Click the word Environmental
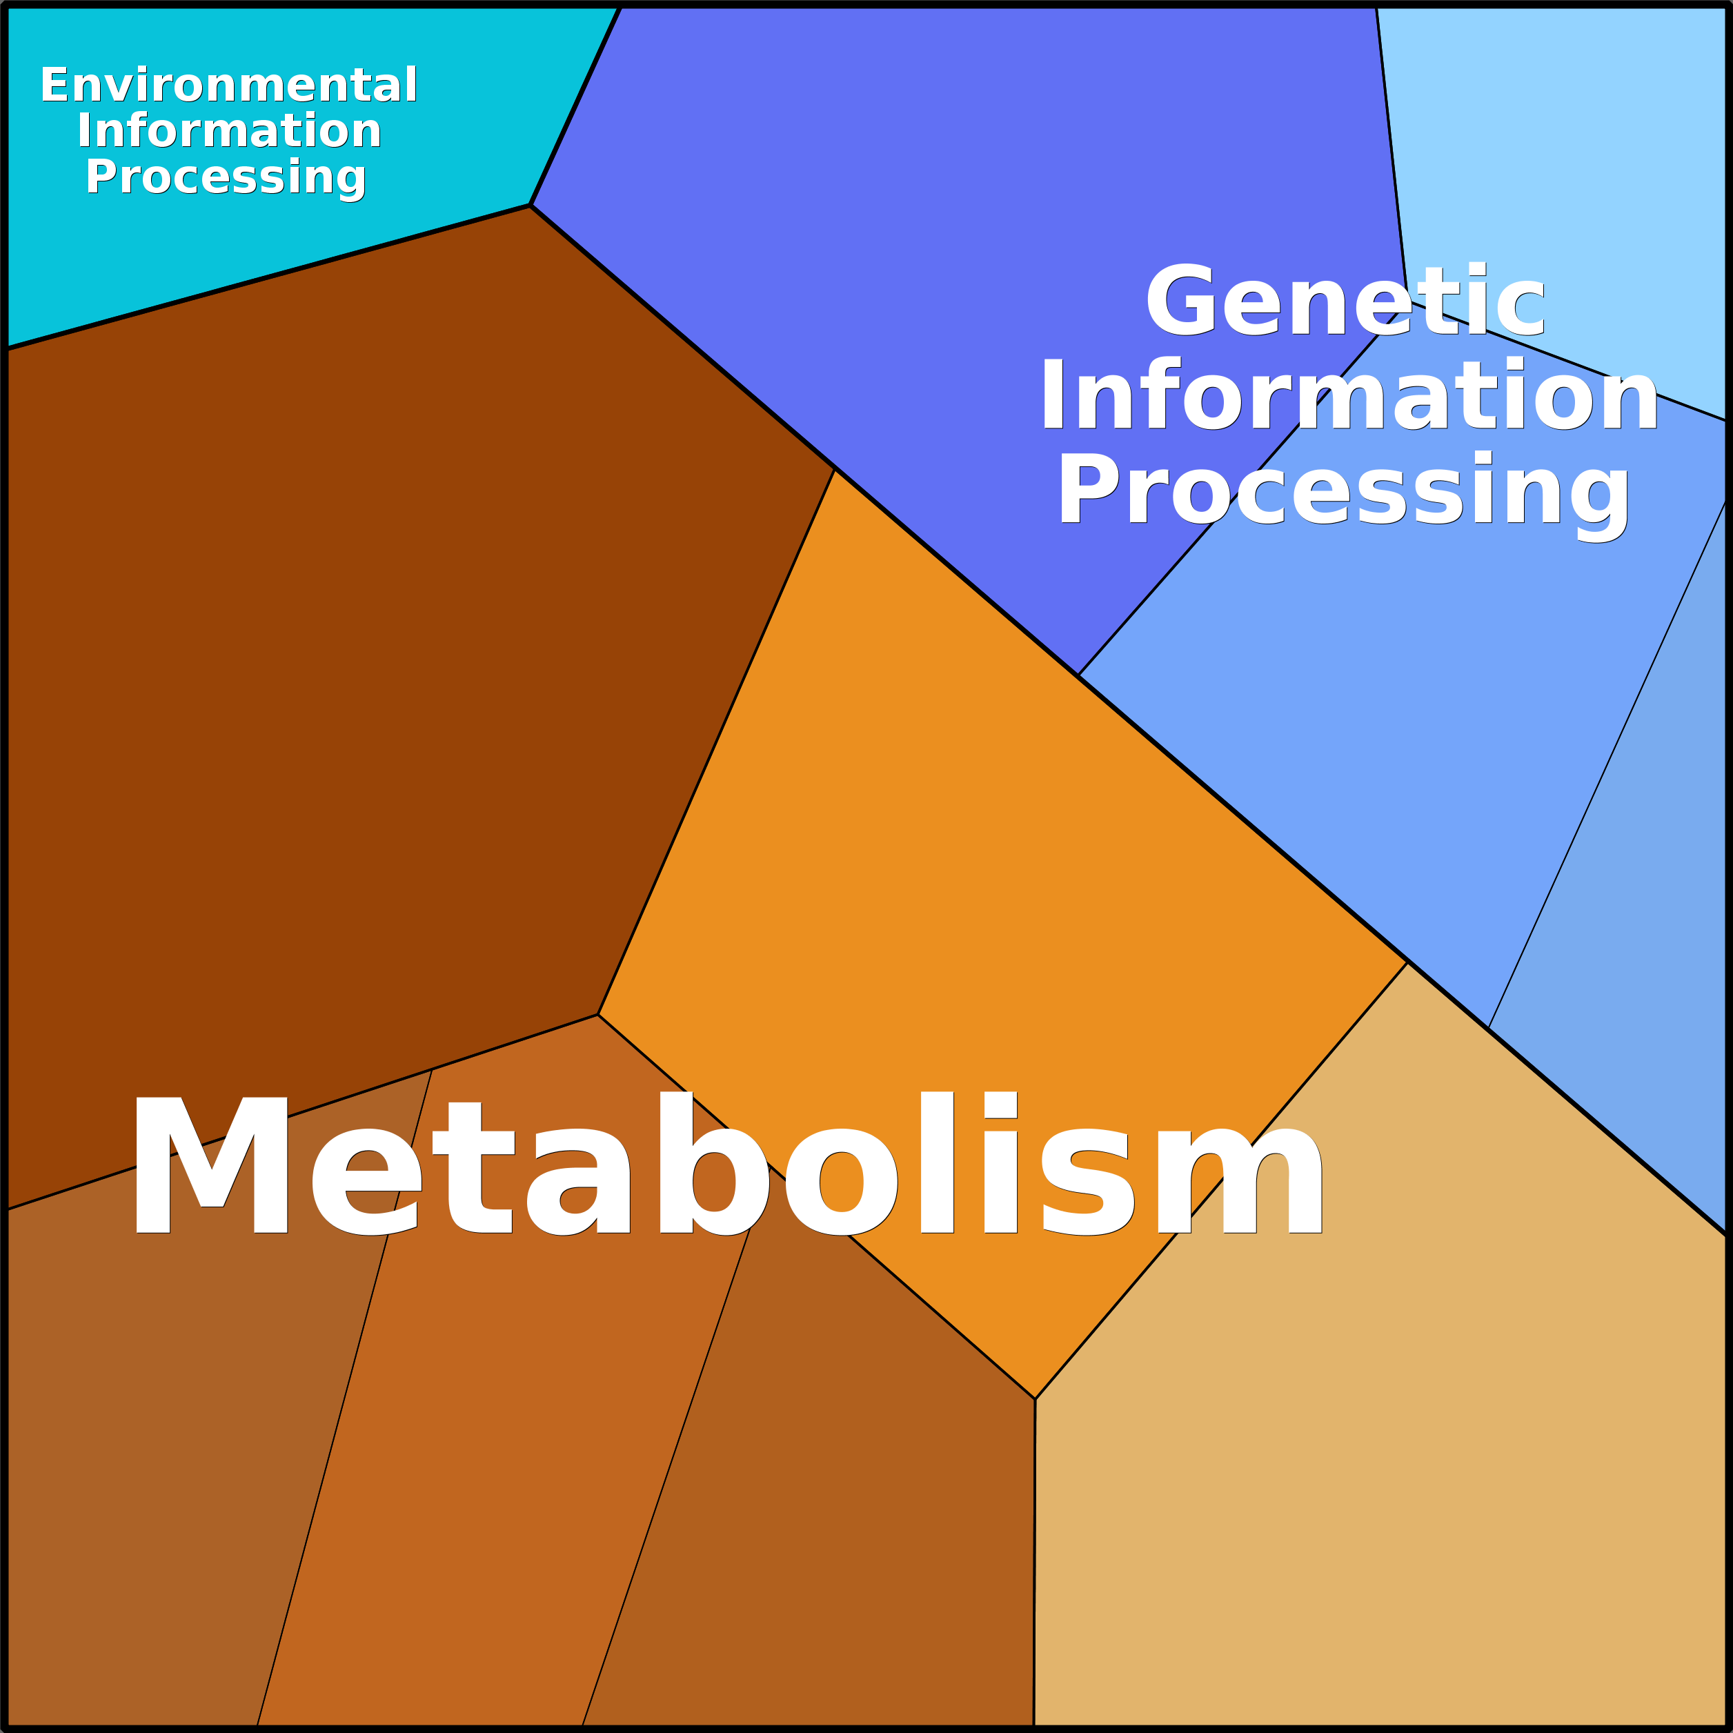coord(229,86)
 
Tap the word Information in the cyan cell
coord(230,132)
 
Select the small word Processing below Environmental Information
coord(226,177)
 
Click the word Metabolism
coord(726,1166)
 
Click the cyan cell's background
coord(179,260)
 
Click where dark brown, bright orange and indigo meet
coord(834,469)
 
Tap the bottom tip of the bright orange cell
coord(1035,1398)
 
